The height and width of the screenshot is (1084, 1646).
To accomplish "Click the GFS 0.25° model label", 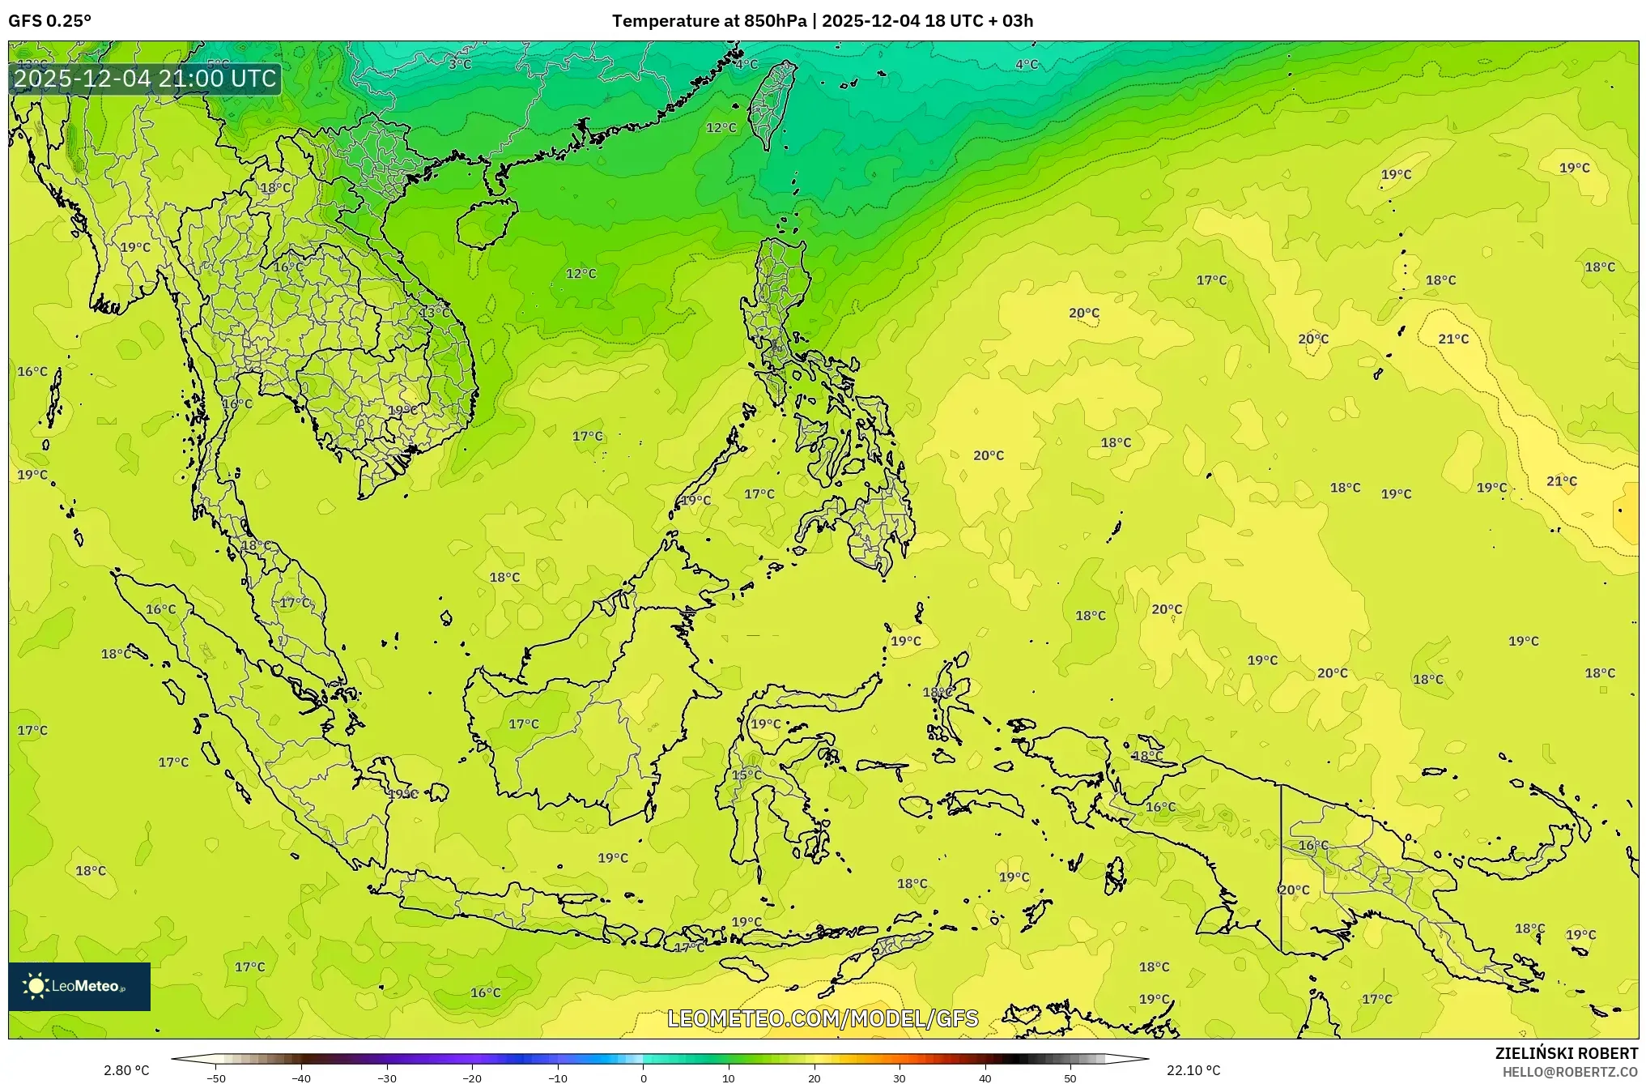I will pos(50,21).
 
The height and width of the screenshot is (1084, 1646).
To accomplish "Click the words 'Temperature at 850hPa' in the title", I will pos(708,21).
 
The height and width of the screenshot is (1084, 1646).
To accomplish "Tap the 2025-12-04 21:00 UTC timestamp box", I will pos(145,79).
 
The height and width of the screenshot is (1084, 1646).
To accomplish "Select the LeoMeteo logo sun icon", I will pos(36,986).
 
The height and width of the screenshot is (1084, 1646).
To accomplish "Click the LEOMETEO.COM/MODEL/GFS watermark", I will pos(823,1018).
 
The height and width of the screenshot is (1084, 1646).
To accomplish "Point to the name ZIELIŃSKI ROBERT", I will pos(1566,1053).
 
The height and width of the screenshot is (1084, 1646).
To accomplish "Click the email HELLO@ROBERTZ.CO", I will pos(1570,1072).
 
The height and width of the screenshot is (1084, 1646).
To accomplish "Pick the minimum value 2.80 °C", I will pos(126,1070).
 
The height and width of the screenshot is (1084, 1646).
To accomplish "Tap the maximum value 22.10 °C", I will pos(1193,1070).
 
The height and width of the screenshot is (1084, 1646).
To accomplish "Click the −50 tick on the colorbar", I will pos(216,1078).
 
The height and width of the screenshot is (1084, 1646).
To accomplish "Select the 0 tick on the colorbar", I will pos(644,1078).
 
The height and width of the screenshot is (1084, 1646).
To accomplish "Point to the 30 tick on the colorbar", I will pos(900,1078).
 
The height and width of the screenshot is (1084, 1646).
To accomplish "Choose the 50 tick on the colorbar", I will pos(1070,1078).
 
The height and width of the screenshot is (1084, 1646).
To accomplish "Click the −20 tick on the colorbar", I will pos(472,1078).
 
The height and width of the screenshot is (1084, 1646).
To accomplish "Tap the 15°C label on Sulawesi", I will pos(746,775).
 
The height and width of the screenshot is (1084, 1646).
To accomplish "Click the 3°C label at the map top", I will pos(460,64).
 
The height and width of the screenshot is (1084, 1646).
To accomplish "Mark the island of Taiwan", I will pos(771,104).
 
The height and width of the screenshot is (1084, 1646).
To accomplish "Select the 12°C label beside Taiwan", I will pos(721,128).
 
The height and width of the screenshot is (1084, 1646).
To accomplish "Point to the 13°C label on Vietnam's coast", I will pos(435,312).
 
